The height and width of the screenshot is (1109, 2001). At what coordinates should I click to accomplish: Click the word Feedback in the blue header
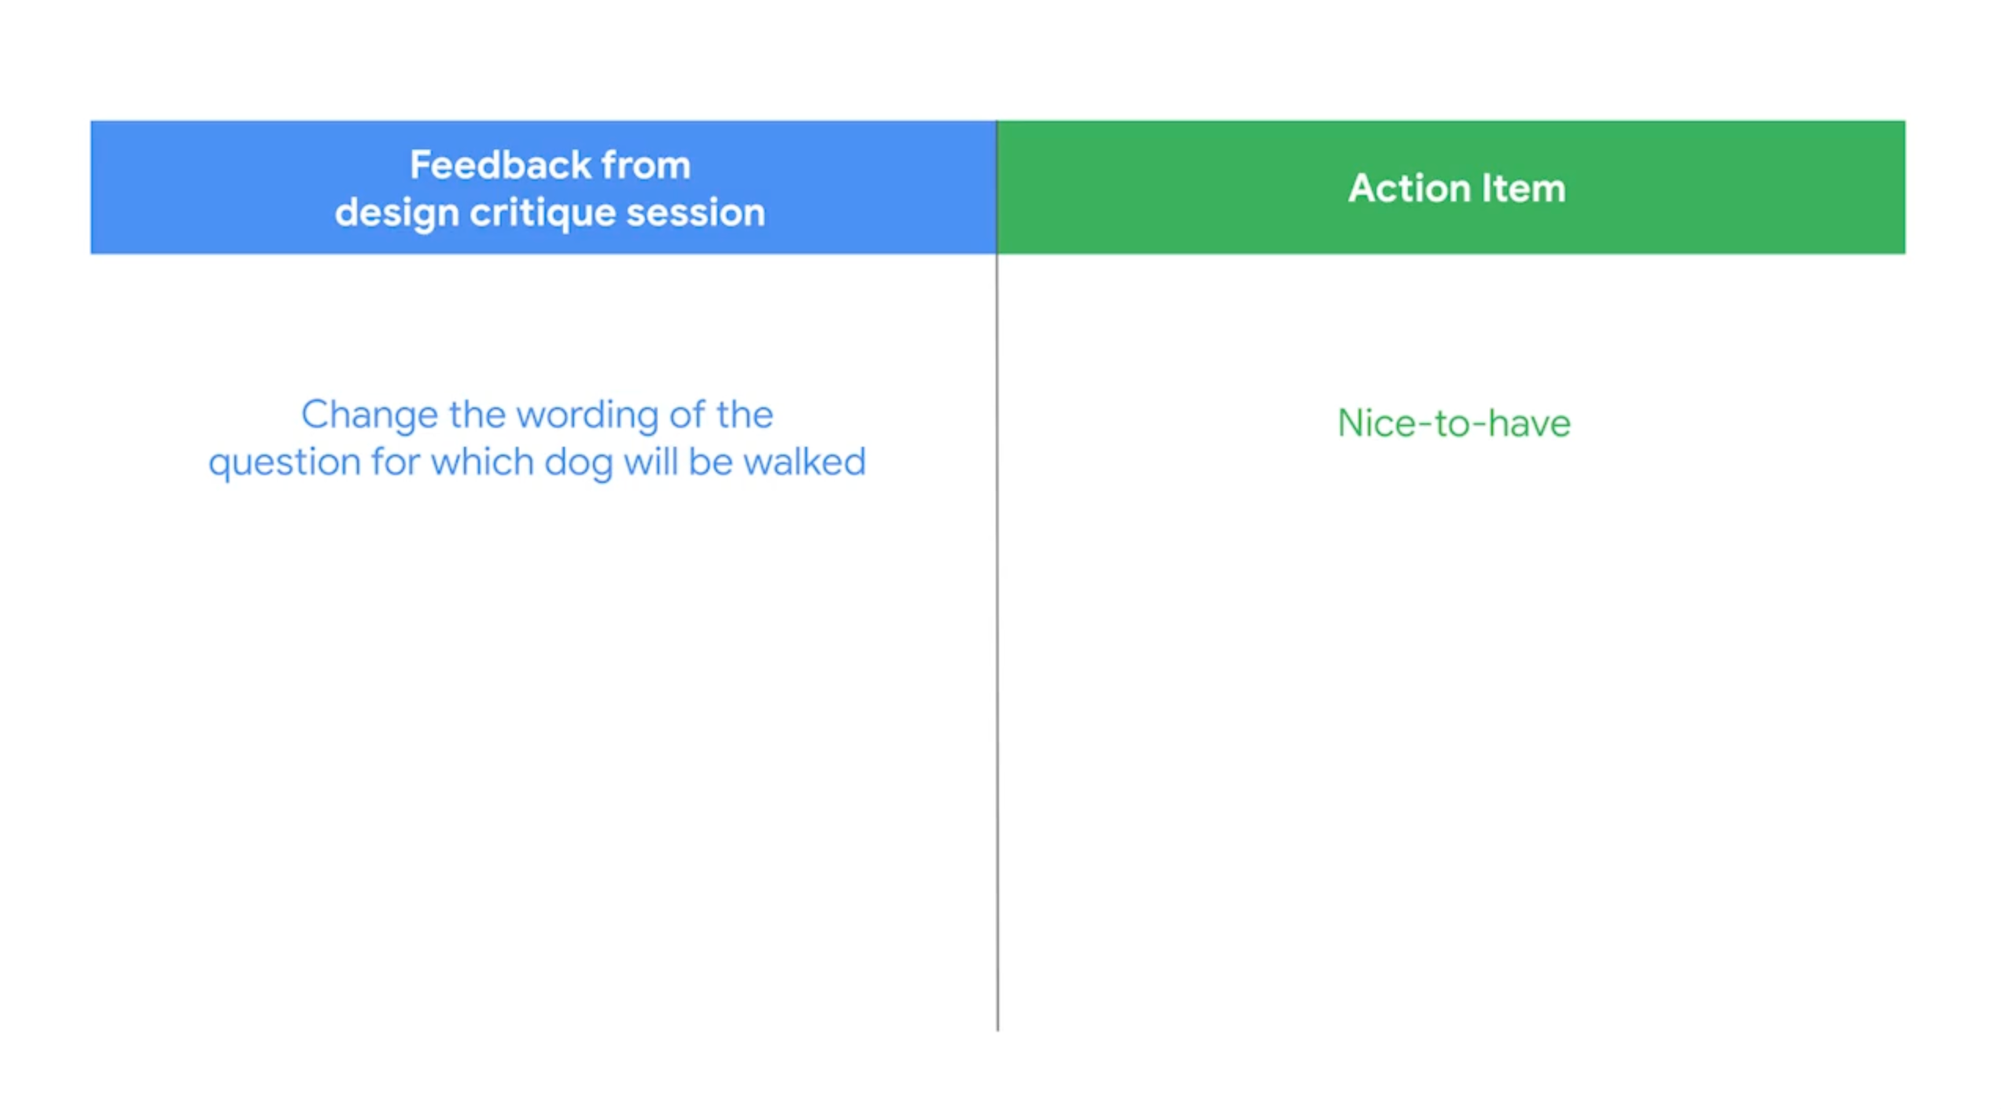click(x=500, y=165)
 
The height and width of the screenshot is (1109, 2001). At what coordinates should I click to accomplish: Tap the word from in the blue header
click(x=646, y=165)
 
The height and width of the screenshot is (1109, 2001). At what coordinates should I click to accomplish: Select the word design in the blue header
click(x=396, y=214)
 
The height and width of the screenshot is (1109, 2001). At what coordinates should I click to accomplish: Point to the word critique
click(x=543, y=214)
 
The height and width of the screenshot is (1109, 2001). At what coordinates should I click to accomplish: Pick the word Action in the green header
click(x=1410, y=189)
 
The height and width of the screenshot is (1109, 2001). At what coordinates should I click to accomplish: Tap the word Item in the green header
click(x=1524, y=189)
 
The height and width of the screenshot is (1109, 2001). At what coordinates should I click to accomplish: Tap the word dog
click(x=578, y=463)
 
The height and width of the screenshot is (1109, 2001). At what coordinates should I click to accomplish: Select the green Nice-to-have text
click(x=1454, y=424)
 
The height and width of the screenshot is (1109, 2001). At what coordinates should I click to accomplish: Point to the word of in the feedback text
click(x=687, y=414)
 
